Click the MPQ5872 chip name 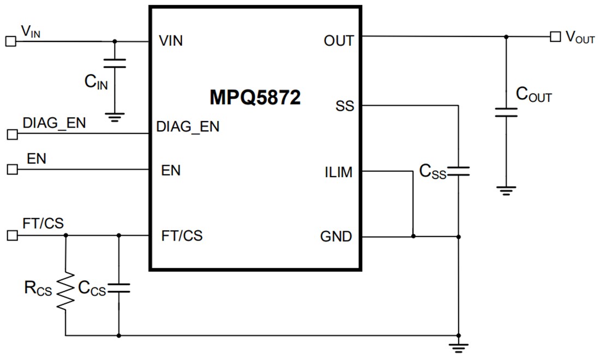(x=255, y=98)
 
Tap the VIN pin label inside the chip (x=171, y=41)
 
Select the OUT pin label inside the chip (x=338, y=41)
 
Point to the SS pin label (x=345, y=106)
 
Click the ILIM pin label (x=338, y=172)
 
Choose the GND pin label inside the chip (x=337, y=237)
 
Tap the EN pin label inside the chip (x=171, y=170)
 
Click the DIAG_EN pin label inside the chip (x=188, y=127)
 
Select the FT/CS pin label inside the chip (x=182, y=236)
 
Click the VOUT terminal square (x=555, y=37)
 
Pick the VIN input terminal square (x=10, y=41)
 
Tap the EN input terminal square (x=12, y=170)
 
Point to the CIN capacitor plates (x=115, y=63)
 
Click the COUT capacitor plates (x=506, y=112)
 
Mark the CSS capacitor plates (x=458, y=171)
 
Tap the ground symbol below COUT (x=506, y=190)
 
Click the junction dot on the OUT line (x=506, y=37)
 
